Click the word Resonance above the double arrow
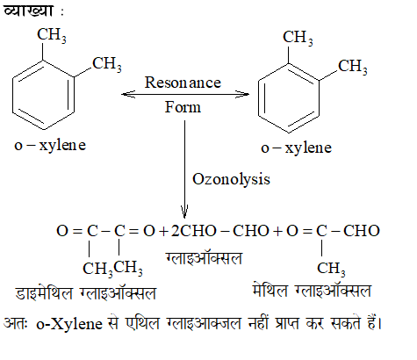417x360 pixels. coord(183,83)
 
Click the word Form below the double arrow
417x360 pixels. coord(183,107)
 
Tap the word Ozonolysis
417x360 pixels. coord(231,179)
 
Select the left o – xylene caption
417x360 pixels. coord(50,145)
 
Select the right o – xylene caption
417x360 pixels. coord(296,148)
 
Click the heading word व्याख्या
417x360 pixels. coord(28,11)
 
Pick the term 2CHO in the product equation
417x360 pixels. coord(193,231)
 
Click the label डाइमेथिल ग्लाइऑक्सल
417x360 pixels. coord(85,293)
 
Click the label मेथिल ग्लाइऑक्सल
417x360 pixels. coord(312,291)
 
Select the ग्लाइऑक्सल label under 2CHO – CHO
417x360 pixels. coord(204,258)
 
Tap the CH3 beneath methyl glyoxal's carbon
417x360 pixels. coord(331,269)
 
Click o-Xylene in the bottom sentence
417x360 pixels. coord(69,324)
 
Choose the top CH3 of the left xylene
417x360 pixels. coord(52,35)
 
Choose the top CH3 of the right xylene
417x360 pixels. coord(298,38)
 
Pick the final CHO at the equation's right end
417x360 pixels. coord(362,231)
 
